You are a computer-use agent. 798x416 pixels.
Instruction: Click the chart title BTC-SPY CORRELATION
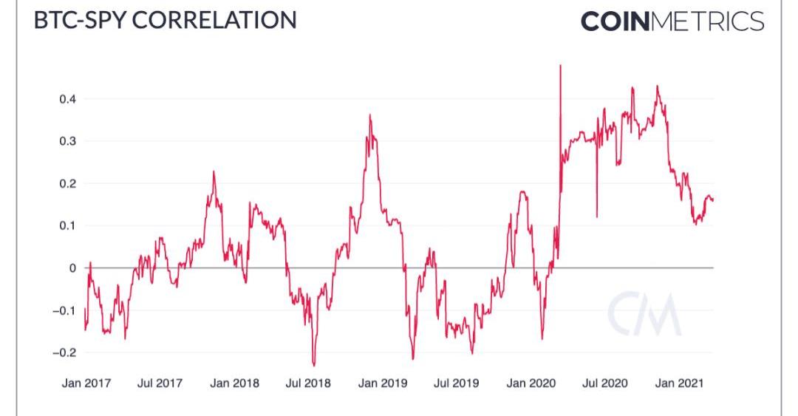click(x=165, y=20)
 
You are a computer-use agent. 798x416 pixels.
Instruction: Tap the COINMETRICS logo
click(x=672, y=21)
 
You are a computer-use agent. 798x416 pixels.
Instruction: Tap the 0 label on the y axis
click(x=72, y=268)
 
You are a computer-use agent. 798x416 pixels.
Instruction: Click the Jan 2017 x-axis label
click(x=86, y=383)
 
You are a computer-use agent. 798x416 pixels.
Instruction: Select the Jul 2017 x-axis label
click(x=160, y=383)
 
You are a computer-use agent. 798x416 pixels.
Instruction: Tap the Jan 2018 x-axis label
click(x=234, y=383)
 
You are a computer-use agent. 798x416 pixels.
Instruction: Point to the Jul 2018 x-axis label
click(x=308, y=383)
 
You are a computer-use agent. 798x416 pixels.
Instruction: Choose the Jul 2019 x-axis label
click(x=456, y=383)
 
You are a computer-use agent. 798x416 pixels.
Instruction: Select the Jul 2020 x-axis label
click(x=605, y=383)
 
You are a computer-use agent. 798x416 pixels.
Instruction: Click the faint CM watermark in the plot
click(x=644, y=313)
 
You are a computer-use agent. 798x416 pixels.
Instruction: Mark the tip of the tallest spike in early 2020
click(x=561, y=66)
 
